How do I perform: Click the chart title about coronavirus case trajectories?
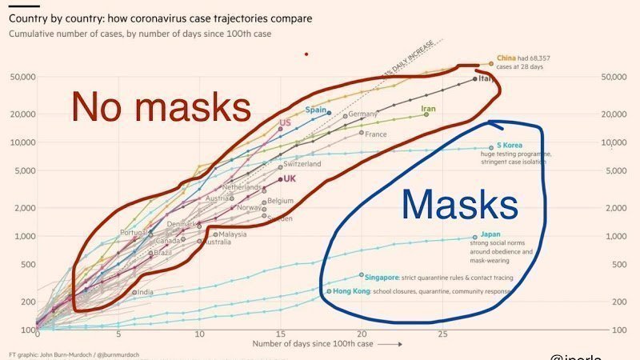(x=161, y=17)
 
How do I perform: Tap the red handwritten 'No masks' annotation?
(x=161, y=106)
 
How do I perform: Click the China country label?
(x=506, y=58)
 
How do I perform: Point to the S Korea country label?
(x=508, y=146)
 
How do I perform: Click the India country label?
(x=145, y=292)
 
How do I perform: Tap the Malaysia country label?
(x=233, y=234)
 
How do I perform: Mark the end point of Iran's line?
(x=426, y=114)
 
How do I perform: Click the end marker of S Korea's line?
(x=491, y=147)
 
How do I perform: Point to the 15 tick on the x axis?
(x=281, y=334)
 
